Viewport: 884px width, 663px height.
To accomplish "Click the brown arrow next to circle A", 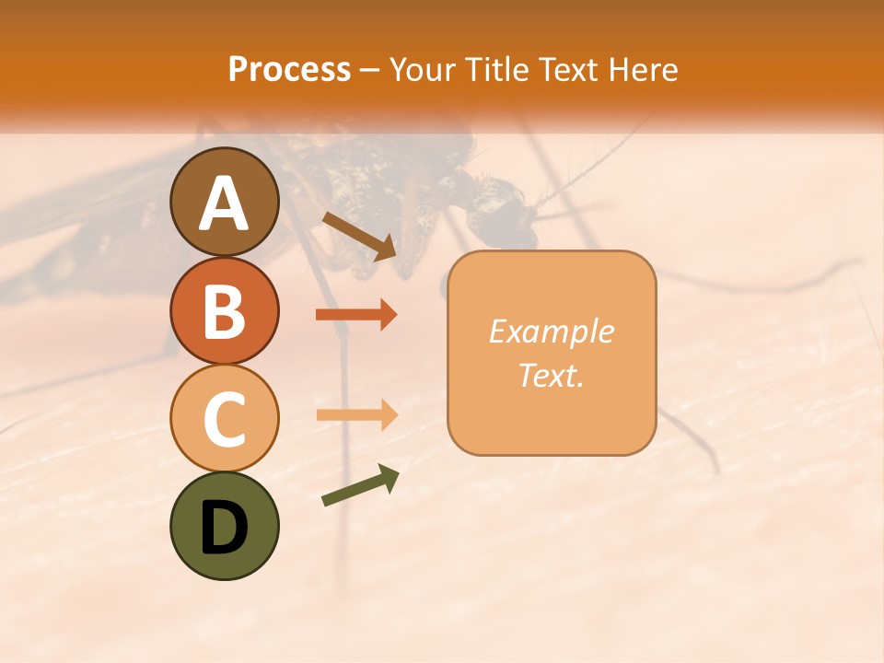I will pos(360,235).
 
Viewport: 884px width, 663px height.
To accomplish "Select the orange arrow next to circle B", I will pos(356,315).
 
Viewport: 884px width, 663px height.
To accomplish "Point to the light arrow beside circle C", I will pos(356,415).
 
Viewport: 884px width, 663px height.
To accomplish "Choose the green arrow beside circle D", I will pos(360,485).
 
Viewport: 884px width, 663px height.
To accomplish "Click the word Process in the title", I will pos(289,70).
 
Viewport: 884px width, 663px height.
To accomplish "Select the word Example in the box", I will pos(551,332).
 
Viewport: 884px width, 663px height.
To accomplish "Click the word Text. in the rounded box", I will pos(551,375).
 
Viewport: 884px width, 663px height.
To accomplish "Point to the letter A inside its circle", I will pos(225,204).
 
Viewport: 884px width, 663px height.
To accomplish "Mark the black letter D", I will pos(225,529).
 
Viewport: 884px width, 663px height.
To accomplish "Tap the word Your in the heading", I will pos(423,70).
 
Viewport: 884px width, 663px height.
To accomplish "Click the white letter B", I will pos(225,311).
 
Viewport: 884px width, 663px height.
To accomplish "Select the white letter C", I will pos(225,419).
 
